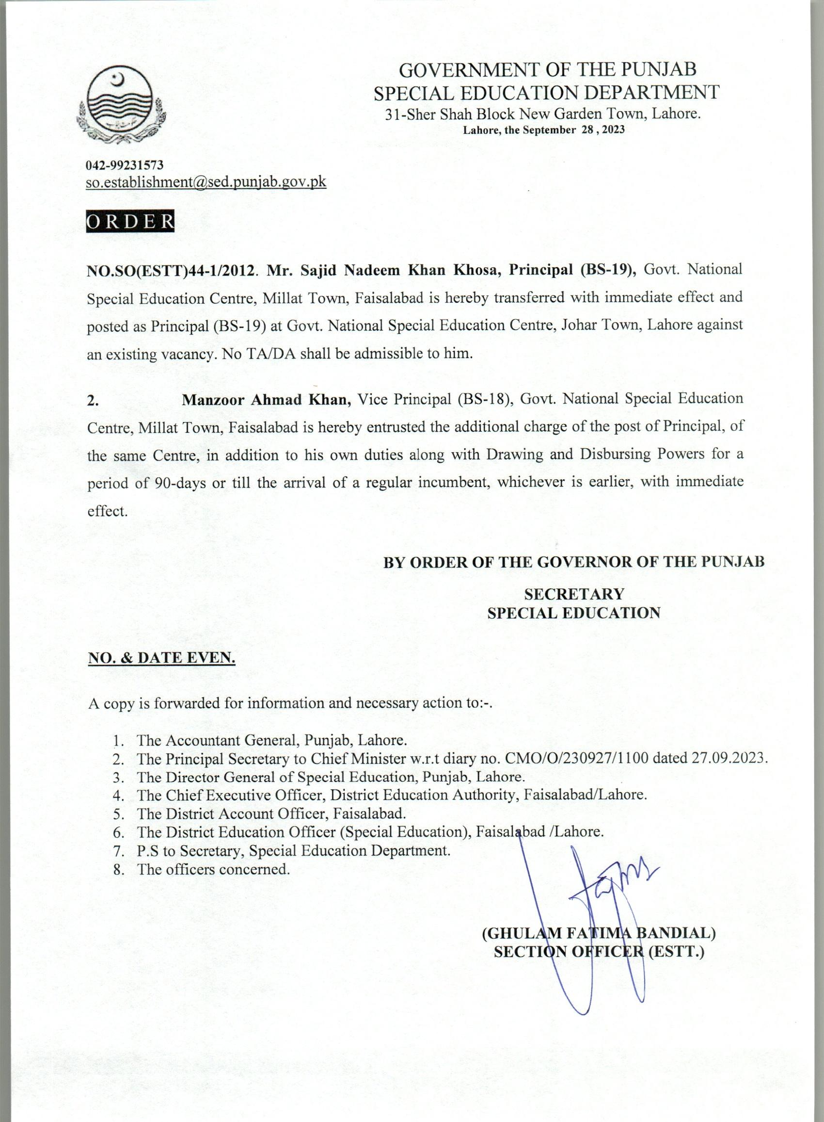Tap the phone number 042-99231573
(x=121, y=165)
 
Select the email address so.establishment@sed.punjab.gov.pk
(x=206, y=182)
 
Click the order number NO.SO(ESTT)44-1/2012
(x=171, y=270)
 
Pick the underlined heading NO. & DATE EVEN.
(x=161, y=658)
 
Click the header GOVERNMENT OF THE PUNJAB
(x=548, y=70)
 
